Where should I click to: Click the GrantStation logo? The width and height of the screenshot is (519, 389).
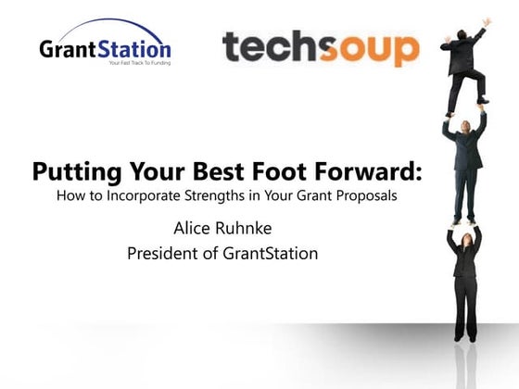coord(105,46)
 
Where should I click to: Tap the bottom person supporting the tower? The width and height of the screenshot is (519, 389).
coord(462,278)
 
